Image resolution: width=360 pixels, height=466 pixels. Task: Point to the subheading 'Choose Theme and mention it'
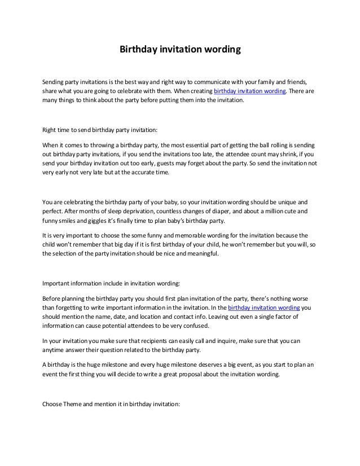point(111,405)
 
